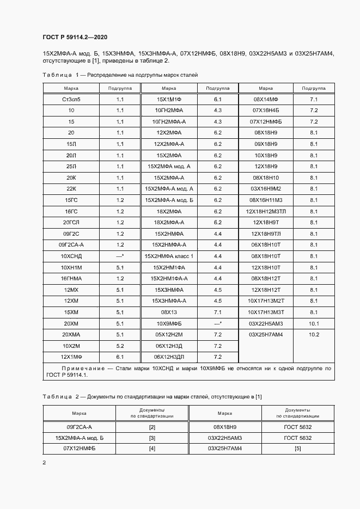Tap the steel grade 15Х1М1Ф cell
[169, 100]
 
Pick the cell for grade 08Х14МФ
[266, 100]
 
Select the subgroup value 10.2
[314, 334]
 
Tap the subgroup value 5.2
[120, 346]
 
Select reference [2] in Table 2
[152, 427]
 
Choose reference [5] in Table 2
[297, 449]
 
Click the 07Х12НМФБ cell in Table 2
[80, 449]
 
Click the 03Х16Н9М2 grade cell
[266, 189]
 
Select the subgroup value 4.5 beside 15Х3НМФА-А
[218, 301]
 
